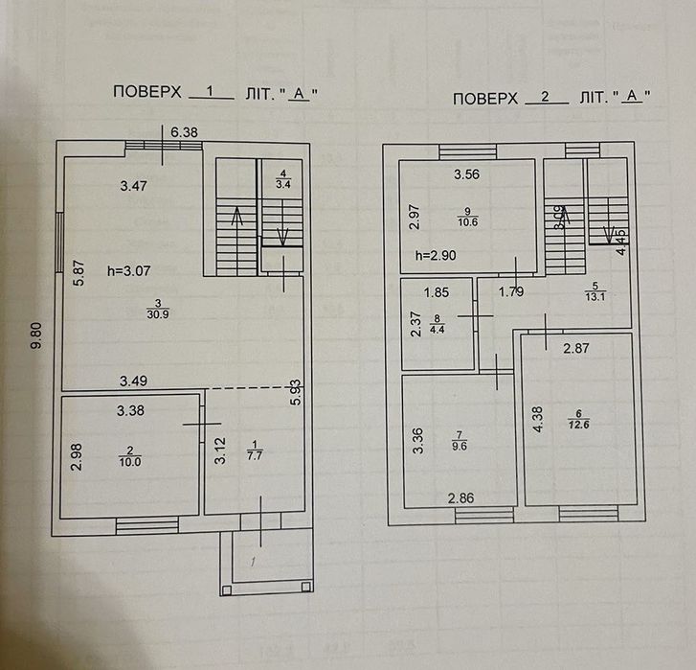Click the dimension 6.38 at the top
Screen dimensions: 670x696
(x=184, y=133)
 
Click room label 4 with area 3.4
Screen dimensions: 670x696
(x=282, y=177)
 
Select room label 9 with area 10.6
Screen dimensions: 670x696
(x=466, y=219)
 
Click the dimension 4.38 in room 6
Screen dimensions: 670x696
(x=539, y=418)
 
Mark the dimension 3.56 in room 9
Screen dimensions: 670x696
(x=466, y=173)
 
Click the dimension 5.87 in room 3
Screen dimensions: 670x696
(x=82, y=277)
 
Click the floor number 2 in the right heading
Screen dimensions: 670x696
(x=546, y=97)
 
